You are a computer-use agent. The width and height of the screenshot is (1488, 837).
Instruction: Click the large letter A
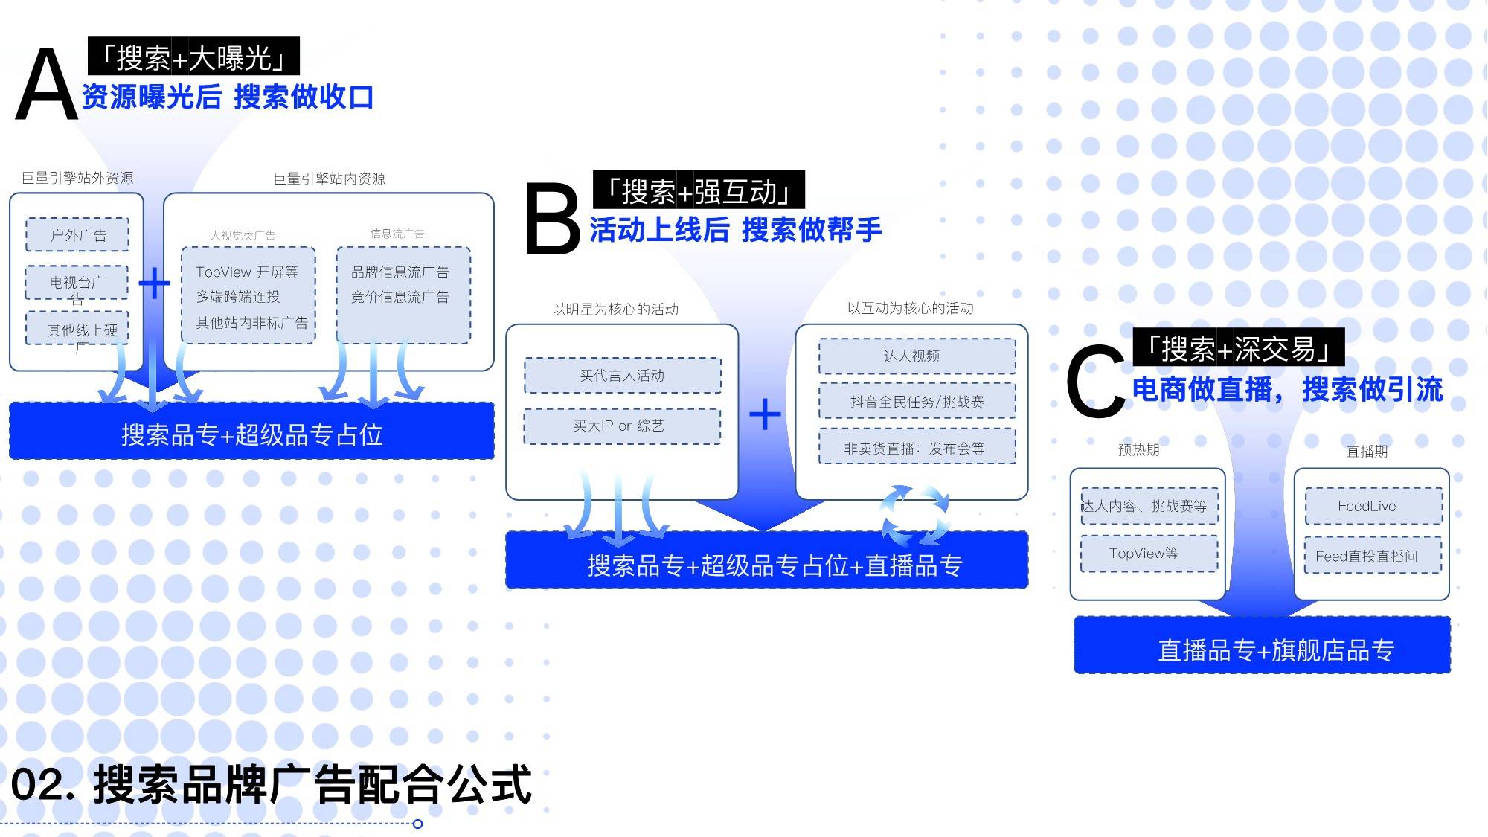pyautogui.click(x=46, y=84)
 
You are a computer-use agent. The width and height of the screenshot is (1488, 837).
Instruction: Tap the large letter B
pyautogui.click(x=552, y=219)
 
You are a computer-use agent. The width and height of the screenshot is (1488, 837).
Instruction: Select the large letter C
pyautogui.click(x=1095, y=381)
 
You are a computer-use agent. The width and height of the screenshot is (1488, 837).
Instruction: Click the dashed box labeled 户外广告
pyautogui.click(x=77, y=235)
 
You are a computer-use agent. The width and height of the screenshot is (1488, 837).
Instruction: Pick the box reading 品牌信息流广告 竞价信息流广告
pyautogui.click(x=403, y=295)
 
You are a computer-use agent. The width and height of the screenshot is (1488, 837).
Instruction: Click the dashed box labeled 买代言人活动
pyautogui.click(x=623, y=376)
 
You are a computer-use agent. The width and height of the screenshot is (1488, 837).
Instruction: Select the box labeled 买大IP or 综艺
pyautogui.click(x=622, y=426)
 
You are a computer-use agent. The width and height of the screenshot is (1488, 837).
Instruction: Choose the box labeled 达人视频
pyautogui.click(x=917, y=356)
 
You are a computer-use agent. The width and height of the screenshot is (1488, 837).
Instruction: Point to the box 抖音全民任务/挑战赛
pyautogui.click(x=917, y=401)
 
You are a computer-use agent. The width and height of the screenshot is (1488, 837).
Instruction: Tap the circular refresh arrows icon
pyautogui.click(x=915, y=515)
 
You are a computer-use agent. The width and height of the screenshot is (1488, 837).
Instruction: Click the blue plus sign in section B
pyautogui.click(x=765, y=414)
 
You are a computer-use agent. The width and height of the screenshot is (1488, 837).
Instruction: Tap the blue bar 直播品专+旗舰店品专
pyautogui.click(x=1262, y=646)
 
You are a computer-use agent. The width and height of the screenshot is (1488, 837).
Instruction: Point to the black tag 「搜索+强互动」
pyautogui.click(x=699, y=190)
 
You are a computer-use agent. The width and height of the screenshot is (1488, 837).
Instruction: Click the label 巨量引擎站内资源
pyautogui.click(x=329, y=179)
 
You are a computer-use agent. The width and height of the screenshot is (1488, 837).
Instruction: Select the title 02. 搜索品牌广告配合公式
pyautogui.click(x=272, y=784)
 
